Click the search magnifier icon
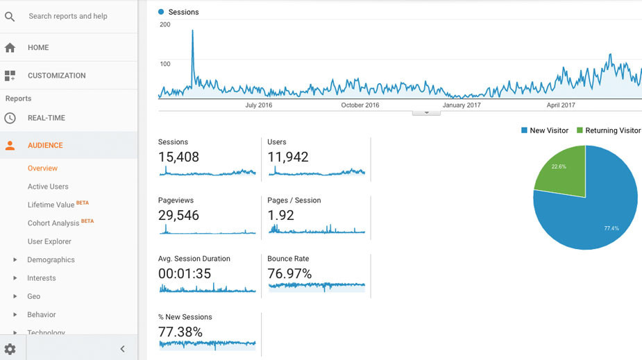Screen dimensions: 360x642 coord(10,16)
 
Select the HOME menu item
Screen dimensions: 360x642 coord(38,48)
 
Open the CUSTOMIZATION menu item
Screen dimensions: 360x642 coord(56,76)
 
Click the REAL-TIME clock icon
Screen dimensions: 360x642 coord(10,118)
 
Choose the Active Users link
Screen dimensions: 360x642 coord(48,187)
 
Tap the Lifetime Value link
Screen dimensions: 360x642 coord(51,205)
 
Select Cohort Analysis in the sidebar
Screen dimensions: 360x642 coord(53,223)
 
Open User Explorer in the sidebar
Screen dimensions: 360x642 coord(49,241)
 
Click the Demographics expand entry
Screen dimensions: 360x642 coord(51,259)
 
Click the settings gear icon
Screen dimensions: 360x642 coord(10,349)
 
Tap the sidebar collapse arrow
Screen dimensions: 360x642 coord(122,349)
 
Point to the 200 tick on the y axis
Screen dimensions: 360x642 coord(164,24)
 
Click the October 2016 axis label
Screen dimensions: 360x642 coord(360,105)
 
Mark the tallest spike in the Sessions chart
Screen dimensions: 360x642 coord(192,31)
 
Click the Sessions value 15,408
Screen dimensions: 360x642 coord(178,157)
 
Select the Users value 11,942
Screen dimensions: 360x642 coord(287,157)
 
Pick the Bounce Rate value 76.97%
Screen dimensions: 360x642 coord(289,274)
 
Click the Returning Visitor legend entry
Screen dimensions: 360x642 coord(612,130)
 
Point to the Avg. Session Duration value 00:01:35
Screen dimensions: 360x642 coord(185,274)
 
